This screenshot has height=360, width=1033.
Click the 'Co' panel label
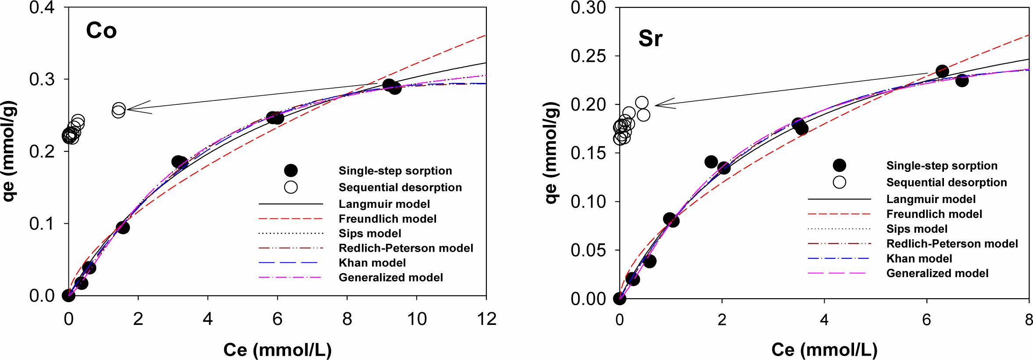point(101,31)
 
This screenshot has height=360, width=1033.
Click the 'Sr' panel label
point(650,39)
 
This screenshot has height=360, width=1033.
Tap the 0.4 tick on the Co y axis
point(42,7)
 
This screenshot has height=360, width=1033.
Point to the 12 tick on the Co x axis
point(486,319)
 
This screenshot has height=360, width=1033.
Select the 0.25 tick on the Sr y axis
point(588,56)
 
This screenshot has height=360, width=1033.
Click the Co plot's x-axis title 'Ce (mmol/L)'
point(277,350)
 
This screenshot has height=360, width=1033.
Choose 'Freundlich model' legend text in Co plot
point(387,219)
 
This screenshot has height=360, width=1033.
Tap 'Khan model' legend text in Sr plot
point(919,259)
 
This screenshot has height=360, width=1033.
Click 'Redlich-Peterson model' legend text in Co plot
point(406,248)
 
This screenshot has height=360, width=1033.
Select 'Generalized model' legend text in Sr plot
point(937,274)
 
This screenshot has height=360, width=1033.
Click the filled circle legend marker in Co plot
point(291,171)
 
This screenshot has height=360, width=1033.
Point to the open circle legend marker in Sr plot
point(839,182)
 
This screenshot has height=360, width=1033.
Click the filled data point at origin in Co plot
point(68,296)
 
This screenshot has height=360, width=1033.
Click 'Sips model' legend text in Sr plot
point(917,229)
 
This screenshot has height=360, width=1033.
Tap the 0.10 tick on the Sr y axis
point(588,202)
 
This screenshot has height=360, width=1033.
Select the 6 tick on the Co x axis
point(277,319)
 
